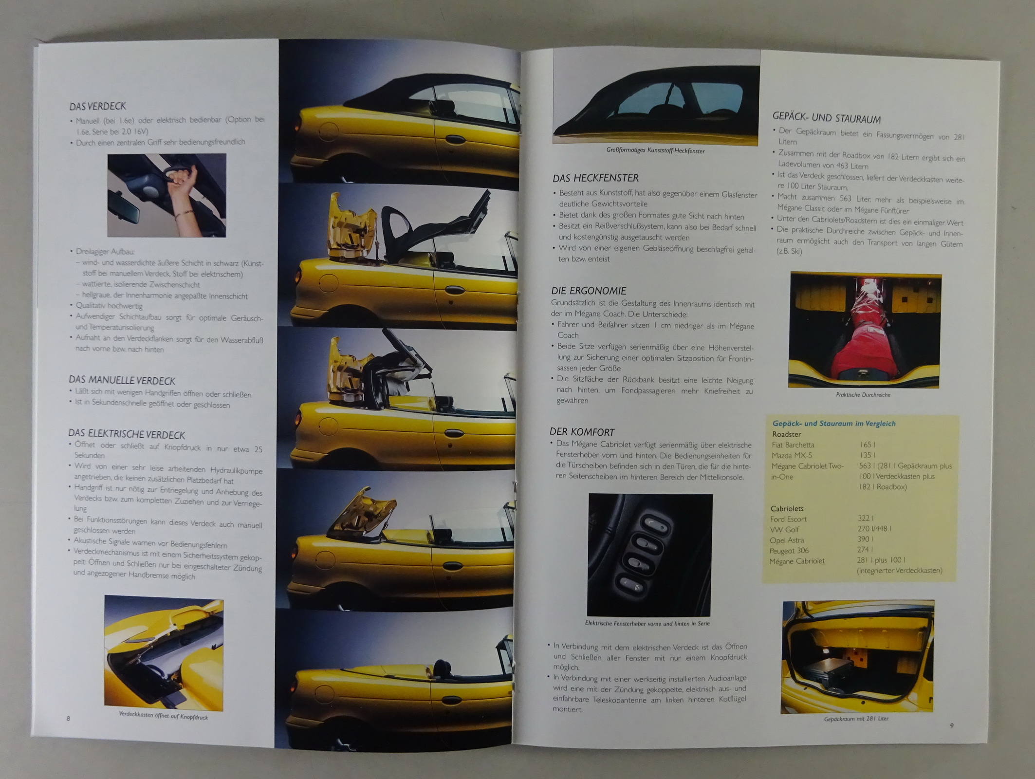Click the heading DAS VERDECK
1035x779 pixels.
[97, 106]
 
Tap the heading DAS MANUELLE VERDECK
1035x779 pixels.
[122, 381]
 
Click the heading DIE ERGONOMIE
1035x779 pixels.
[589, 291]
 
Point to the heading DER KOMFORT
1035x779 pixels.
[582, 432]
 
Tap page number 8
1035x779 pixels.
[68, 719]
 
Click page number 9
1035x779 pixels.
[952, 725]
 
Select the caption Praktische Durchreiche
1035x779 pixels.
[863, 394]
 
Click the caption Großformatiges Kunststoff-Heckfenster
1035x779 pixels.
[655, 150]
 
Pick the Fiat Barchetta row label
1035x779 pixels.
[793, 445]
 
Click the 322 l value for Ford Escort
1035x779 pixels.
[866, 519]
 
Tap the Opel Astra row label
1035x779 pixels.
[787, 540]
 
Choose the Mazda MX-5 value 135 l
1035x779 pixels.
[868, 455]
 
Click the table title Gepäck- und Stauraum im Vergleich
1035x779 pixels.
[834, 424]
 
